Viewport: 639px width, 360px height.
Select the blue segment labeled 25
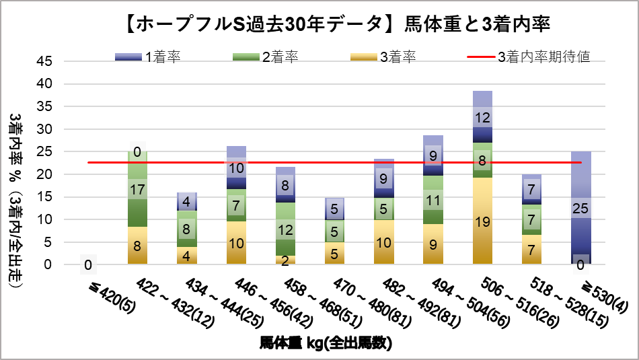(x=580, y=208)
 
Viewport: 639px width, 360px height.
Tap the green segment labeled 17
(x=137, y=189)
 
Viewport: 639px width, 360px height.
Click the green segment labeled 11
(x=433, y=200)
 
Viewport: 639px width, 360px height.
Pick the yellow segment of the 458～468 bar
(x=285, y=260)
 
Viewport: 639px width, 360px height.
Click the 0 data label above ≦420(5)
(x=88, y=265)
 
